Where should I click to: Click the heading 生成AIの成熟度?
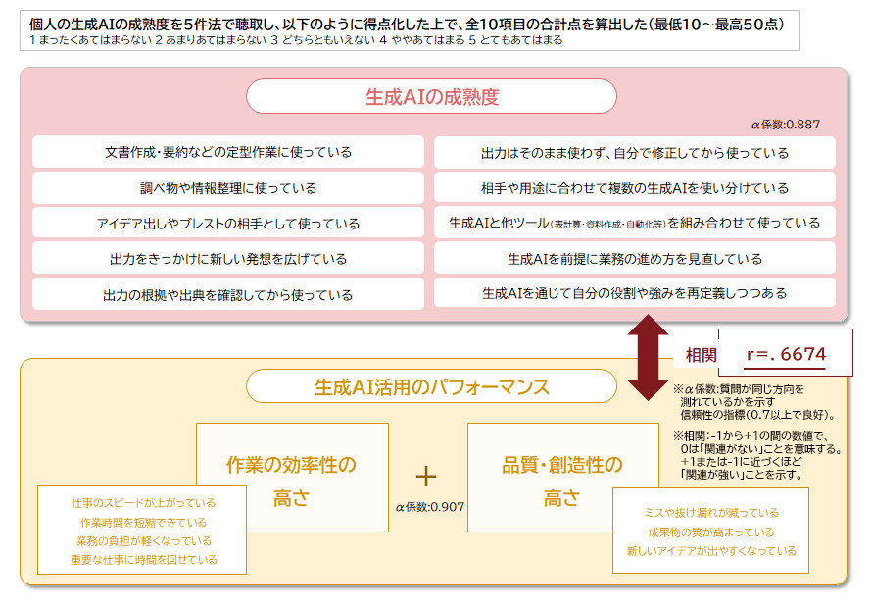(431, 97)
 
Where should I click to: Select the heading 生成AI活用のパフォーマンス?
(431, 386)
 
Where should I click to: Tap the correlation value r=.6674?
(786, 354)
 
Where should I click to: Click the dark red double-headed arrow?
(647, 357)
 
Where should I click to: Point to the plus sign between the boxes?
(425, 477)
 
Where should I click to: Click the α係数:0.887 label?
(785, 125)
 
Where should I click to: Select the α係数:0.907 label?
(429, 507)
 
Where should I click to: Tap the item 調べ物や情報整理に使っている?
(228, 187)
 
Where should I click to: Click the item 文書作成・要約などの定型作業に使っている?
(228, 152)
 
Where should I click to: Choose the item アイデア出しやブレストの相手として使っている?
(228, 224)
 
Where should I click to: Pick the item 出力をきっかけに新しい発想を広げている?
(228, 259)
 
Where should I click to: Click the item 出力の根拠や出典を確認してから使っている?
(228, 294)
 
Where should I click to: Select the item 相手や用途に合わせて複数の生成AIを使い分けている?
(634, 187)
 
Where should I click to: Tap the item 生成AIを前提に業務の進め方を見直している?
(634, 259)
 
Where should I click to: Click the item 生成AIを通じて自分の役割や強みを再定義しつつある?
(634, 293)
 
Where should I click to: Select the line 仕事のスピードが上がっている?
(143, 502)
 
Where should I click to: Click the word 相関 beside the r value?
(701, 355)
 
